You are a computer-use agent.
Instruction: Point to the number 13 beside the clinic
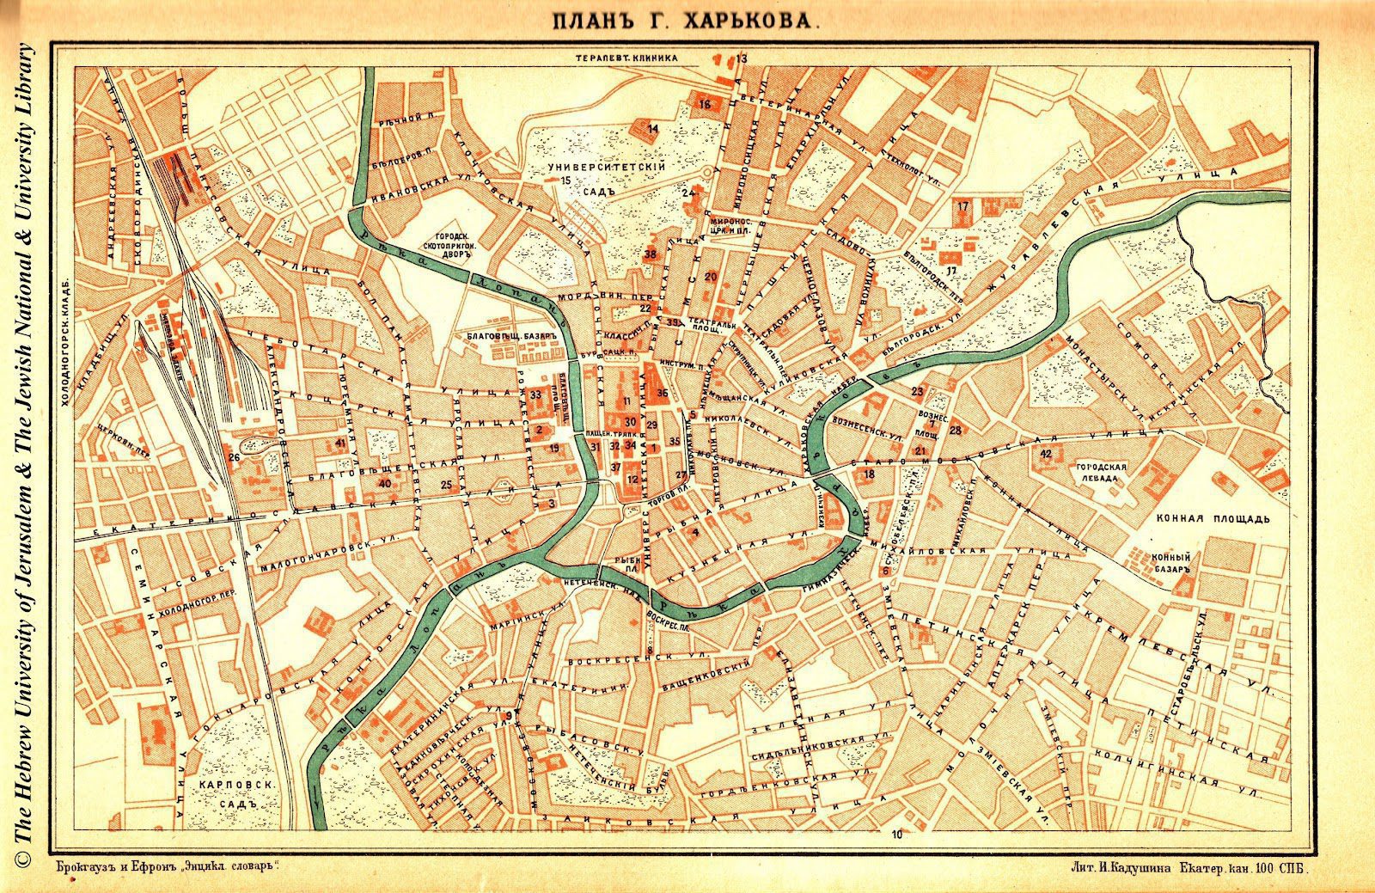(x=742, y=58)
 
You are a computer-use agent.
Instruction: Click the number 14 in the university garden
(x=653, y=129)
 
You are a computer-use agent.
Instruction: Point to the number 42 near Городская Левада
(x=1045, y=453)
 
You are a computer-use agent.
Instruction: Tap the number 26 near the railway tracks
(x=234, y=457)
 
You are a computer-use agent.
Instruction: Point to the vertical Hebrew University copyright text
(x=23, y=447)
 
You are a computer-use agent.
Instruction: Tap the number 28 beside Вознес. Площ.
(x=955, y=429)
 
